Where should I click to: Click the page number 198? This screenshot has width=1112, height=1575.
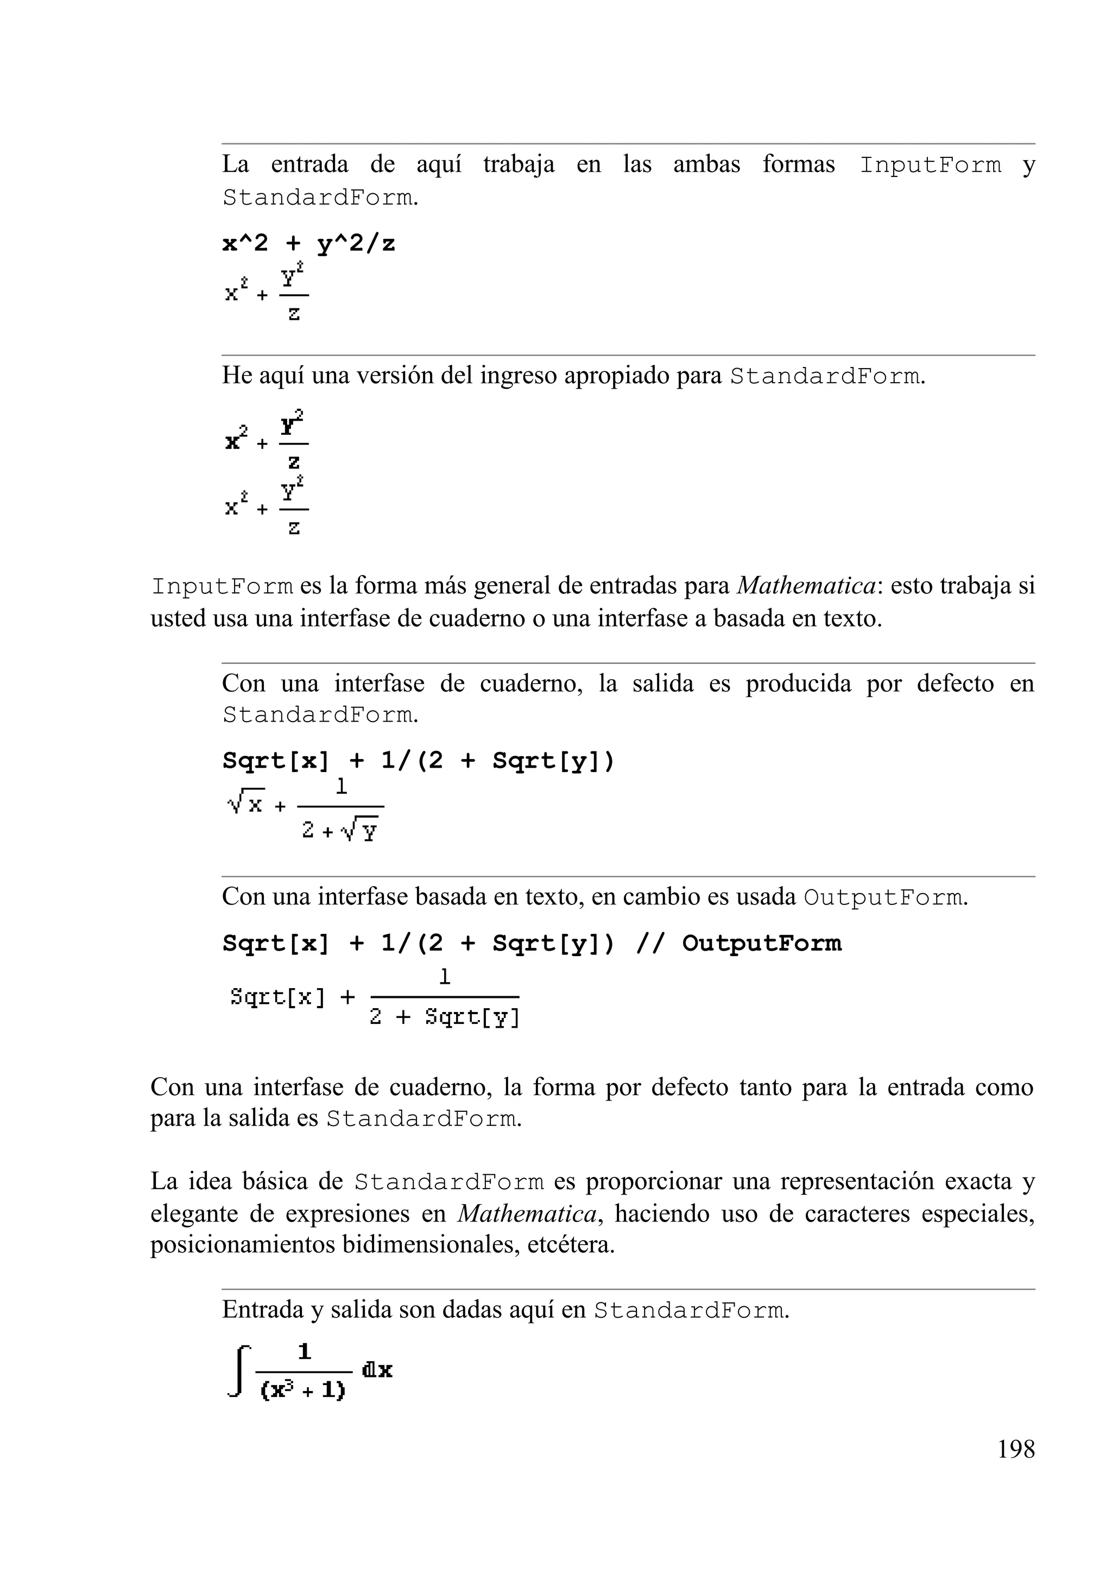(x=1015, y=1450)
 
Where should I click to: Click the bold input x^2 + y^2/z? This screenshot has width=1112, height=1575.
(x=309, y=244)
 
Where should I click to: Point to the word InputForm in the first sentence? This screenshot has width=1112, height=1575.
(x=930, y=166)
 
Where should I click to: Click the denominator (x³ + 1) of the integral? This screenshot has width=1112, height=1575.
(x=303, y=1390)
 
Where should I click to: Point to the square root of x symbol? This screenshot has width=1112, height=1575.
(x=245, y=802)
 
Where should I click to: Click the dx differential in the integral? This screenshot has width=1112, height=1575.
(x=377, y=1370)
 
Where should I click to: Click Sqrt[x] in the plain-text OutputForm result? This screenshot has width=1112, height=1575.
(x=277, y=997)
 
